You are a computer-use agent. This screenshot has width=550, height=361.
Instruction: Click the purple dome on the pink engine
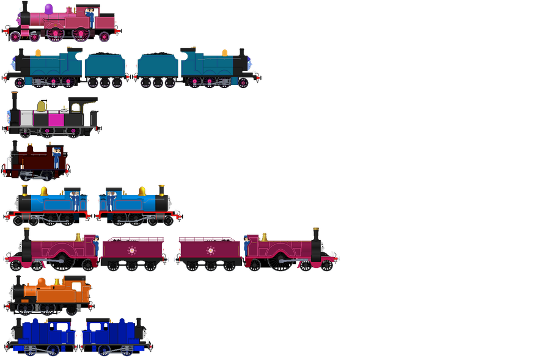coord(48,7)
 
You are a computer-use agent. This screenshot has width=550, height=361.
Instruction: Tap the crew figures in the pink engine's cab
coord(90,13)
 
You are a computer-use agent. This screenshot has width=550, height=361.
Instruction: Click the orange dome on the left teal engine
coord(38,53)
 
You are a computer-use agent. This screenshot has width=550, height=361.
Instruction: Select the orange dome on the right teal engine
coord(224,53)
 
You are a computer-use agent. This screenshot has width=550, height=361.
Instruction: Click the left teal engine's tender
coord(105,66)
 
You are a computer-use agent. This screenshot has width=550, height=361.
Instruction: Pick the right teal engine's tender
coord(157,66)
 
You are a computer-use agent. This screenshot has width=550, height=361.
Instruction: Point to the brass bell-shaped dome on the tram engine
coord(41,106)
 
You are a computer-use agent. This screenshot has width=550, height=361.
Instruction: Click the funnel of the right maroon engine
coord(316,235)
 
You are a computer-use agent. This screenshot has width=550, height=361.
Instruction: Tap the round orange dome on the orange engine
coord(42,282)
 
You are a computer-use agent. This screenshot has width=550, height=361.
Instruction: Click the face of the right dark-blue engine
coord(145,334)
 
